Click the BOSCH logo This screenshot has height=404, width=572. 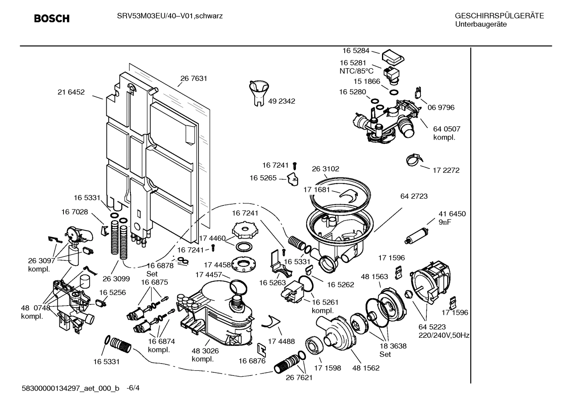(52, 19)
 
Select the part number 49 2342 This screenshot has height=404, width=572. (282, 101)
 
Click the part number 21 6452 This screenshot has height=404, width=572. (71, 92)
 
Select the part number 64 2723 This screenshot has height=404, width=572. (414, 196)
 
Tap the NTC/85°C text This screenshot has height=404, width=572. (356, 71)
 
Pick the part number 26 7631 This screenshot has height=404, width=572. (194, 79)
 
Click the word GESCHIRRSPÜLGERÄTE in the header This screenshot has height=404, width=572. (499, 16)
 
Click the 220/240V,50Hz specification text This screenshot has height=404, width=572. (444, 335)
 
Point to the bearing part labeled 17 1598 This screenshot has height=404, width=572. (315, 345)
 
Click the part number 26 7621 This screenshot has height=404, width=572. (299, 377)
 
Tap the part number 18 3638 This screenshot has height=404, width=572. (393, 346)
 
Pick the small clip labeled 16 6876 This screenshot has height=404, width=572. (261, 348)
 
